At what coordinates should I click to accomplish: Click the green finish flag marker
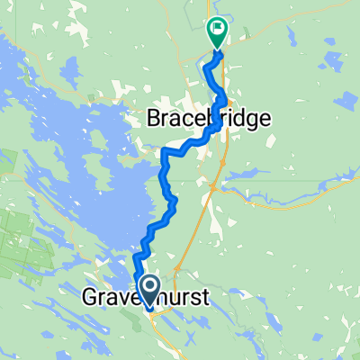pyautogui.click(x=218, y=32)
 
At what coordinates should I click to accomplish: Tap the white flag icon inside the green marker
pyautogui.click(x=218, y=29)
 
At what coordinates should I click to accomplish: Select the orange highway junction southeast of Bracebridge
pyautogui.click(x=211, y=187)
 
